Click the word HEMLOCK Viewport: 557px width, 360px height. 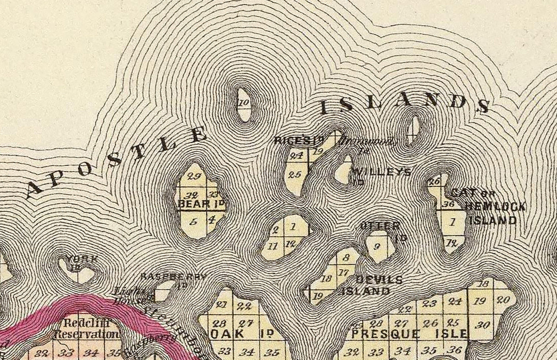[495, 207]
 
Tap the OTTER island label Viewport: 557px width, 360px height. [380, 226]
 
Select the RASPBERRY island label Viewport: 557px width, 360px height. [173, 277]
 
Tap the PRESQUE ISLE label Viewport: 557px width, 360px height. [409, 334]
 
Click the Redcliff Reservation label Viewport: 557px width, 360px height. [86, 328]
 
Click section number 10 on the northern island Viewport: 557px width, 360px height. [244, 103]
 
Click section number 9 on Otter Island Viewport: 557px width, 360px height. [377, 246]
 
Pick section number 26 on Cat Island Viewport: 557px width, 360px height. [434, 181]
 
